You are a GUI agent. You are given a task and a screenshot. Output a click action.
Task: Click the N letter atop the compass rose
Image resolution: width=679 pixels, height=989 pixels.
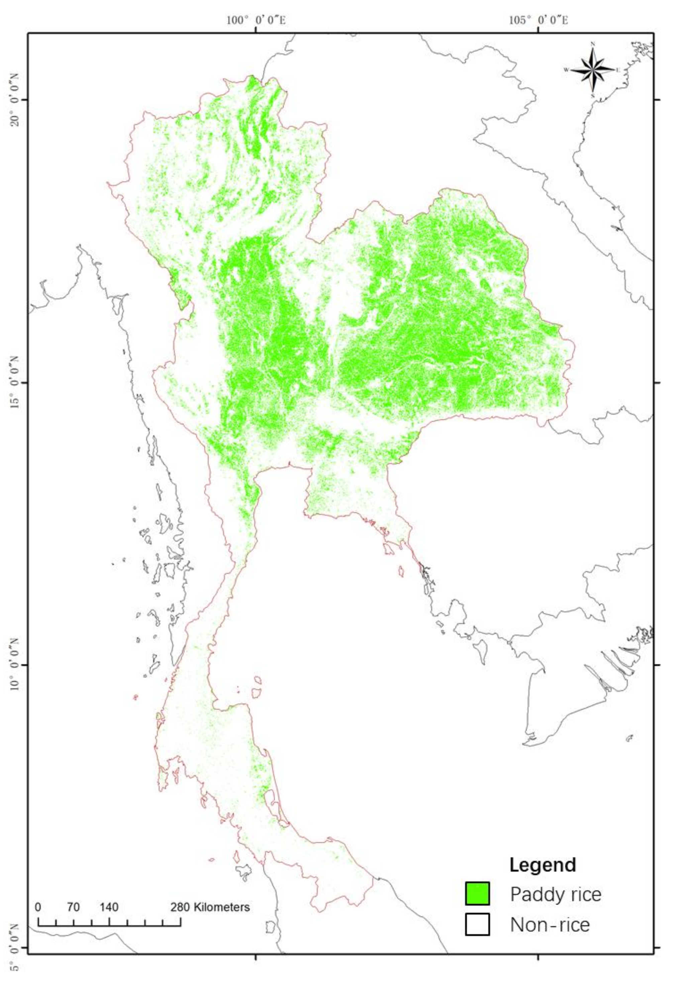point(593,44)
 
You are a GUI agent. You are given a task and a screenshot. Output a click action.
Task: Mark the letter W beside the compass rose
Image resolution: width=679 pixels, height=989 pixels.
point(566,70)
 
